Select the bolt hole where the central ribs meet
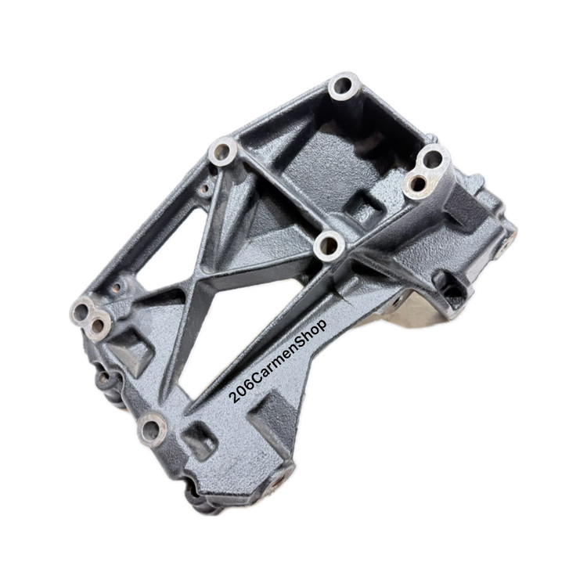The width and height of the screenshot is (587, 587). click(329, 246)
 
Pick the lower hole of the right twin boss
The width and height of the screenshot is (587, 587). click(417, 184)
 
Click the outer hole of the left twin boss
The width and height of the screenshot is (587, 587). click(81, 311)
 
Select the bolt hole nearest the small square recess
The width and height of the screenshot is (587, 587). click(151, 429)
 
